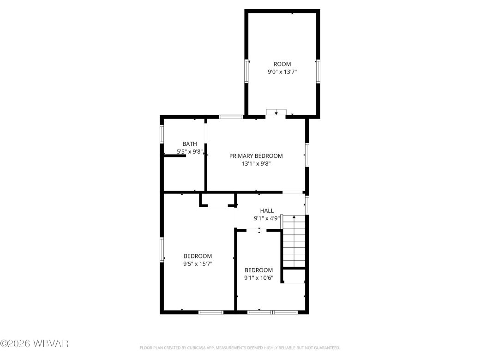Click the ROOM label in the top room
tap(282, 64)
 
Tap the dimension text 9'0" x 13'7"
tap(282, 72)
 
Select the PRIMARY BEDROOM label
tap(256, 156)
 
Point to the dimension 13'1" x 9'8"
tap(256, 163)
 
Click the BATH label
tap(189, 144)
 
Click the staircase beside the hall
tap(294, 242)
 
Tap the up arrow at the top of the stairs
tap(294, 217)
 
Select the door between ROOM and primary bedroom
tap(276, 112)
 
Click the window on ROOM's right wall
tap(318, 71)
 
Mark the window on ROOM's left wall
tap(246, 71)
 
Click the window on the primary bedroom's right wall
tap(306, 155)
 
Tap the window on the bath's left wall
tap(162, 134)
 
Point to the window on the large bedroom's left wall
tap(162, 250)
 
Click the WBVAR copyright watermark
tap(35, 344)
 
